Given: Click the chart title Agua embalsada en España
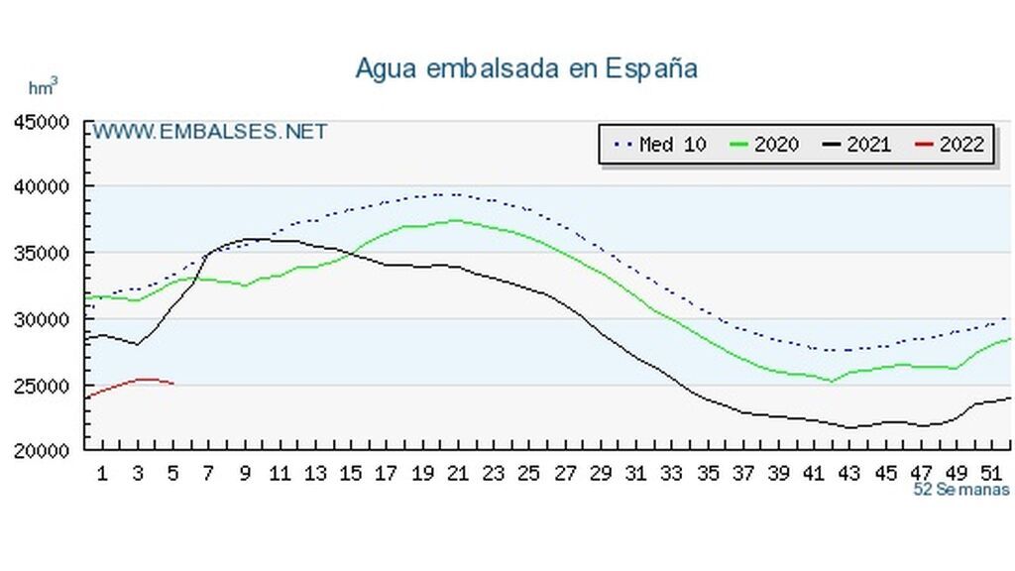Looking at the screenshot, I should coord(526,68).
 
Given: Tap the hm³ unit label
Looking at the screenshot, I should coord(43,87).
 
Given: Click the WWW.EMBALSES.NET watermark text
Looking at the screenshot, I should coord(209,132).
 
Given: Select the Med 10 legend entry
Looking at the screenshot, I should coord(661,145).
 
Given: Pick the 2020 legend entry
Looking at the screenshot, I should coord(764,145).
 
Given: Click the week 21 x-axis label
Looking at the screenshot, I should coord(457,474).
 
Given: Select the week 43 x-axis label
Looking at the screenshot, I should coord(849,474).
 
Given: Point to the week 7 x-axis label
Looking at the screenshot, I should coord(208,474).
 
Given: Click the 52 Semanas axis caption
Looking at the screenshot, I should coord(960,489).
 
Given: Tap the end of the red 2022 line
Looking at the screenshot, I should coord(173,384).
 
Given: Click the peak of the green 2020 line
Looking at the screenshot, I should coord(455,220).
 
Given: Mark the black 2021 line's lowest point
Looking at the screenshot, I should coord(850,427).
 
